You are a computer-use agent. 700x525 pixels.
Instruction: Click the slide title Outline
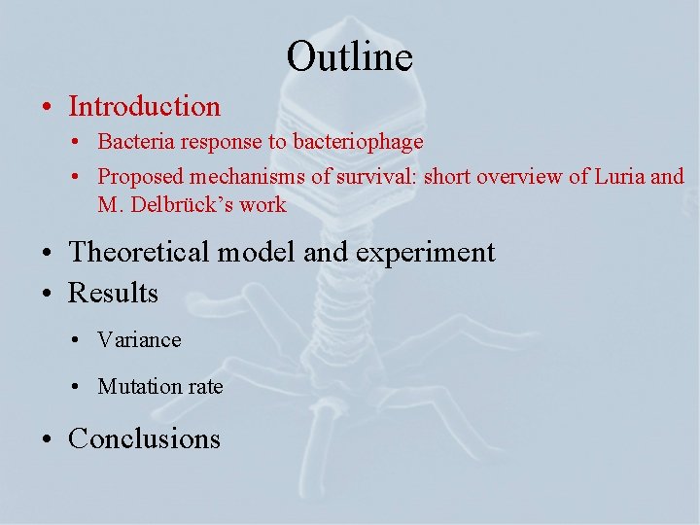pos(349,56)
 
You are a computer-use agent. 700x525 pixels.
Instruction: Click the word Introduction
pos(144,106)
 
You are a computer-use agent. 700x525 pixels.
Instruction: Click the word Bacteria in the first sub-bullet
pos(130,142)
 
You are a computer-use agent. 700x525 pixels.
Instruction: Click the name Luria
pos(619,177)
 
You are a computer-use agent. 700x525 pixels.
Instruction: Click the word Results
pos(113,293)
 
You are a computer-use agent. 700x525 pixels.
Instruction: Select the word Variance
pos(139,340)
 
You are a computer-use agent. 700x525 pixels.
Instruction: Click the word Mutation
pos(140,387)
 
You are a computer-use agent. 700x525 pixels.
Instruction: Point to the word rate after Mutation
pos(205,387)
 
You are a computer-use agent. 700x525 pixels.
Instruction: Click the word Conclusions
pos(144,438)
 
